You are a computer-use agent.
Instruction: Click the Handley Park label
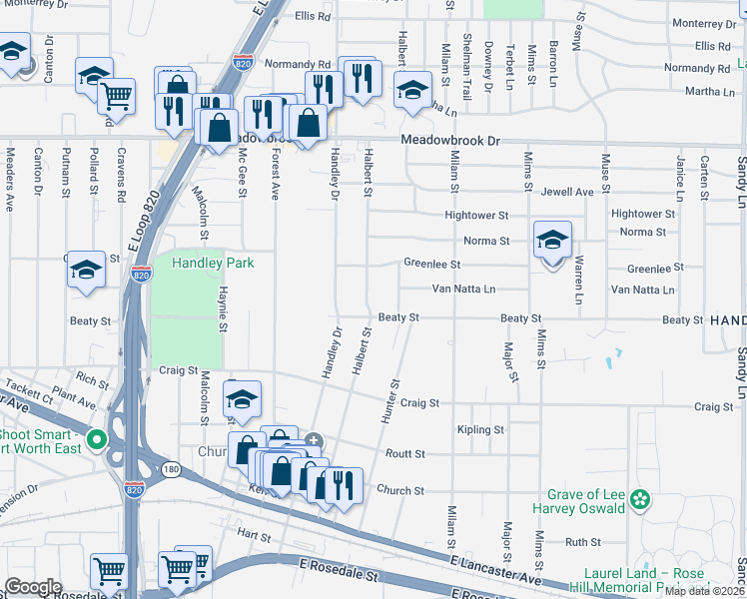point(213,263)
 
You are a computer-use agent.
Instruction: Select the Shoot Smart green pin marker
point(96,439)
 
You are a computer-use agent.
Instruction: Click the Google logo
point(33,587)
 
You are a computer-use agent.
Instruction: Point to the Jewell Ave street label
point(567,191)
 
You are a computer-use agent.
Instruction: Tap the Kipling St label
point(479,429)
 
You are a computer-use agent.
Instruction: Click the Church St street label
point(401,490)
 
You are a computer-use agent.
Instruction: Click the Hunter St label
point(390,400)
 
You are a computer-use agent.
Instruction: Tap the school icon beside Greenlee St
point(552,242)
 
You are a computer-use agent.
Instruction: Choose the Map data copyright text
point(705,591)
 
